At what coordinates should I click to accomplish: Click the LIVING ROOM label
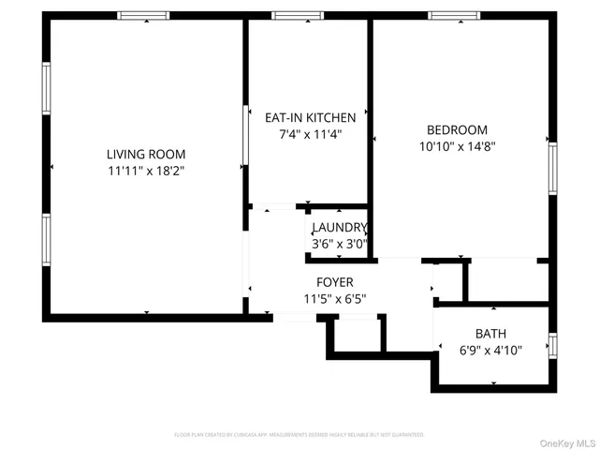tap(145, 155)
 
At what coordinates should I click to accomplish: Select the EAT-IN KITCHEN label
tap(311, 118)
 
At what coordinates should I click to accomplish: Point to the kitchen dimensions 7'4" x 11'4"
tap(311, 134)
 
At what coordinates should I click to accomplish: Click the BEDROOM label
tap(457, 130)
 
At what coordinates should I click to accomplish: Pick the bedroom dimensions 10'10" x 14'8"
tap(457, 146)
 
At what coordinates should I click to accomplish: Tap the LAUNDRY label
tap(339, 228)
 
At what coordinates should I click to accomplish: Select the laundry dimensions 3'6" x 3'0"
tap(339, 244)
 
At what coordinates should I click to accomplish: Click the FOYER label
tap(334, 283)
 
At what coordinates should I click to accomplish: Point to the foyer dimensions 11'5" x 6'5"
tap(334, 299)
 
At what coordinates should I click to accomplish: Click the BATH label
tap(489, 334)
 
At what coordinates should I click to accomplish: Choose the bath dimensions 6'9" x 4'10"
tap(489, 350)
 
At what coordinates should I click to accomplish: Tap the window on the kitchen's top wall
tap(298, 16)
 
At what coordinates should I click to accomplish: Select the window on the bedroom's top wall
tap(455, 16)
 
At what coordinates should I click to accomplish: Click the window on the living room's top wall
tap(143, 16)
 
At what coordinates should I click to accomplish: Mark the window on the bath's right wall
tap(552, 345)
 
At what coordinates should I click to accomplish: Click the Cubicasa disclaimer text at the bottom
tap(299, 435)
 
